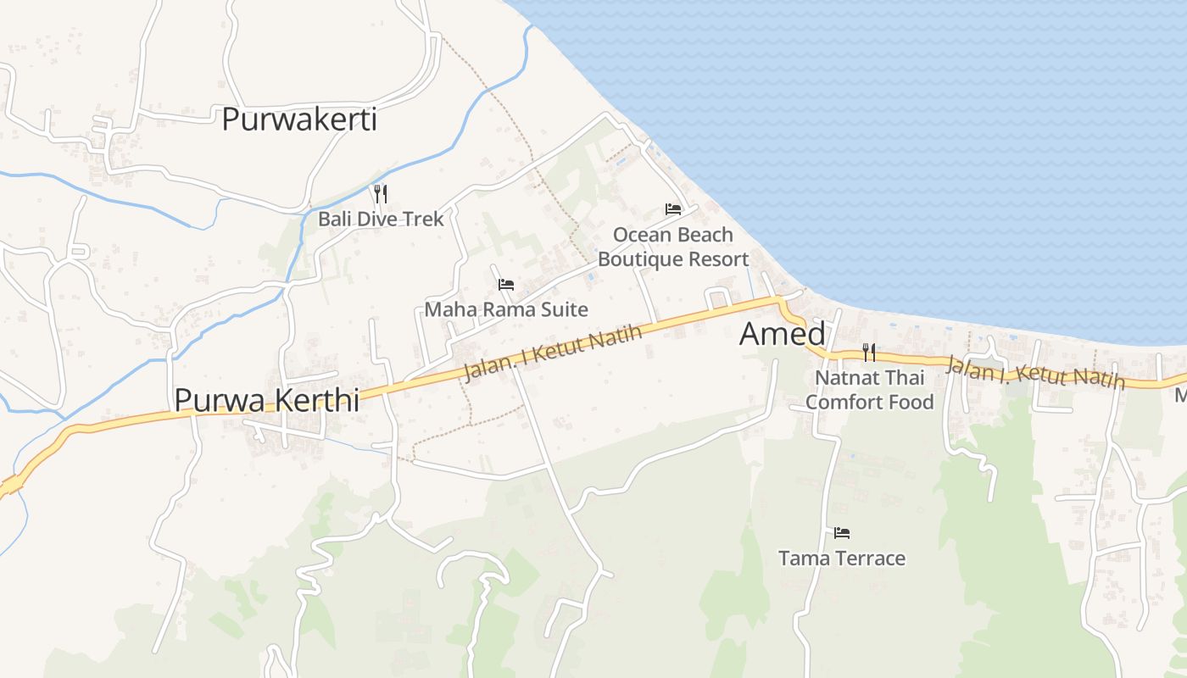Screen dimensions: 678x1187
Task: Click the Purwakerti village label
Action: tap(298, 119)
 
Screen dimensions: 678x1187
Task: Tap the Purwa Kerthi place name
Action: tap(266, 399)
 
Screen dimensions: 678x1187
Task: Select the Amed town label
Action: tap(782, 334)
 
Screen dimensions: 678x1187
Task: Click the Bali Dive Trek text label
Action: tap(381, 219)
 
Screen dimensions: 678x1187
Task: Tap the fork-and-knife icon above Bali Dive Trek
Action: tap(381, 194)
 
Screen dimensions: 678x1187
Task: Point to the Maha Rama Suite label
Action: tap(506, 309)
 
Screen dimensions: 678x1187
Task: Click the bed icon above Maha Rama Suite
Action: tap(506, 285)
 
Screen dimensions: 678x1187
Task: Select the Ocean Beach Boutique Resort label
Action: tap(673, 247)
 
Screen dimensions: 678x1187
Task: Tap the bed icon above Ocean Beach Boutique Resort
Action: tap(673, 208)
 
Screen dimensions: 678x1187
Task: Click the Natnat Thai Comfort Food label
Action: tap(869, 389)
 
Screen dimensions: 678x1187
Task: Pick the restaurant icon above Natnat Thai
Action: tap(869, 352)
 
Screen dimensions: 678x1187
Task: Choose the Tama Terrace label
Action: tap(842, 559)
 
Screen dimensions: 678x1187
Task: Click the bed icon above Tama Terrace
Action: tap(842, 533)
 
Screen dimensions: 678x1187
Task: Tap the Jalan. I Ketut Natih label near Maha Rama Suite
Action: tap(553, 353)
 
